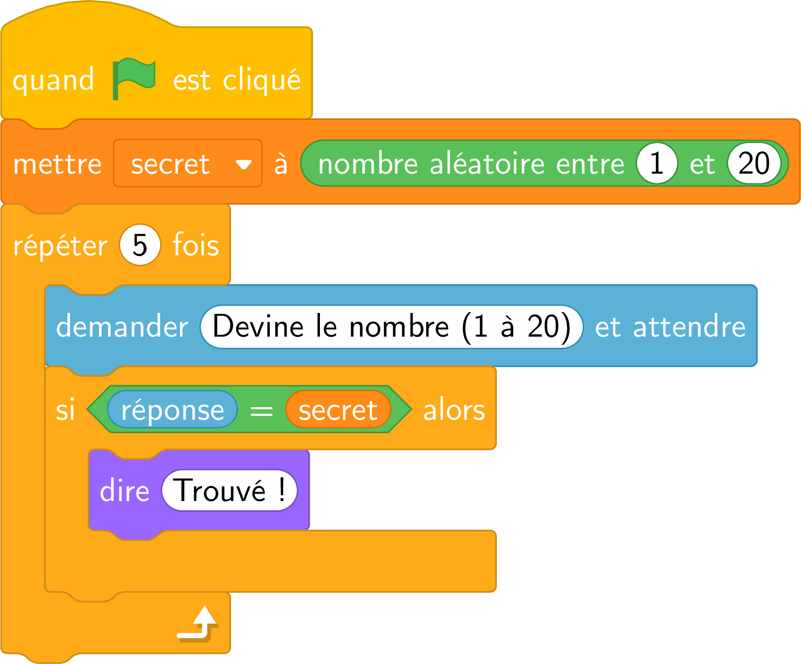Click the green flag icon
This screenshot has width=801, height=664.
pos(134,78)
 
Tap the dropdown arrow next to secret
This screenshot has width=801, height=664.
pos(243,164)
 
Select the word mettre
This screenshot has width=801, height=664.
pos(57,164)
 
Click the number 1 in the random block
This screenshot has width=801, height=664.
pos(657,163)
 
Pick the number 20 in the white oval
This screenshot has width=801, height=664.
pos(754,163)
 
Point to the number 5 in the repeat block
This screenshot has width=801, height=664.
pos(140,245)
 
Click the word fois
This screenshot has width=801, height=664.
pos(196,245)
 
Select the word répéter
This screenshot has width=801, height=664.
pos(60,246)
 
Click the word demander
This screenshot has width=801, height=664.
pos(122,326)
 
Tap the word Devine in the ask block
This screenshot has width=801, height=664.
pos(258,326)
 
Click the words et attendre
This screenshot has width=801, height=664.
pos(670,326)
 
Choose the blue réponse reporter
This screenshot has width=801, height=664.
pos(172,409)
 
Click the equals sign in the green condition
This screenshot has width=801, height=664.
pos(261,411)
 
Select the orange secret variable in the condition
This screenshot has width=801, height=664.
pos(338,409)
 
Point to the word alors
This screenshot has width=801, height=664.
pos(454,410)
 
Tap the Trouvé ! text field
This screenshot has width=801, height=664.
pos(229,490)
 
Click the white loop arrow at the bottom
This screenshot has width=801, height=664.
pos(197,624)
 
